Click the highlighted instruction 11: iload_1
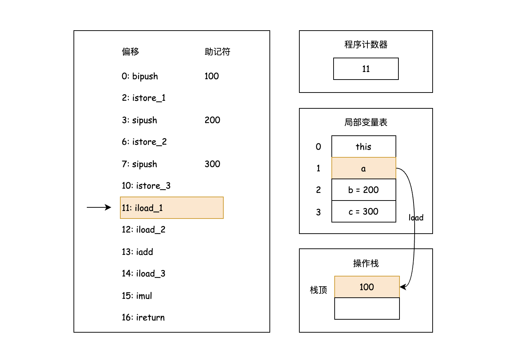point(171,208)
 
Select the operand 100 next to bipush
point(211,76)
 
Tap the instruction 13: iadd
point(137,252)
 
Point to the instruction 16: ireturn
point(143,318)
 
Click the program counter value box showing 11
point(366,69)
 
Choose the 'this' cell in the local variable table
point(363,147)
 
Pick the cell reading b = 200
point(363,190)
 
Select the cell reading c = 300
point(363,211)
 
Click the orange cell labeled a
point(363,168)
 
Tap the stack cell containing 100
point(367,287)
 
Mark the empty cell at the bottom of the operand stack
point(367,309)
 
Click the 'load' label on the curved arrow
point(416,217)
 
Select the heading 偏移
point(130,52)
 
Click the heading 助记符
point(217,52)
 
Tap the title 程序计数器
point(366,45)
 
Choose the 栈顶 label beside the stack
point(318,290)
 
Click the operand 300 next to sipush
point(212,164)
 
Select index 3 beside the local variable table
point(318,212)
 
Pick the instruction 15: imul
point(137,296)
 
